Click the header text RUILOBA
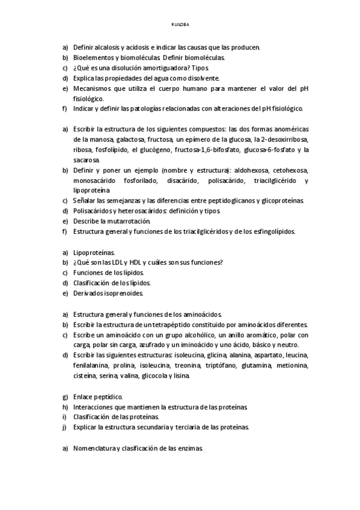tap(180, 25)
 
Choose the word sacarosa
tap(87, 160)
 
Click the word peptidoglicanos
tap(216, 201)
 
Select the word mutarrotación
tap(127, 221)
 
